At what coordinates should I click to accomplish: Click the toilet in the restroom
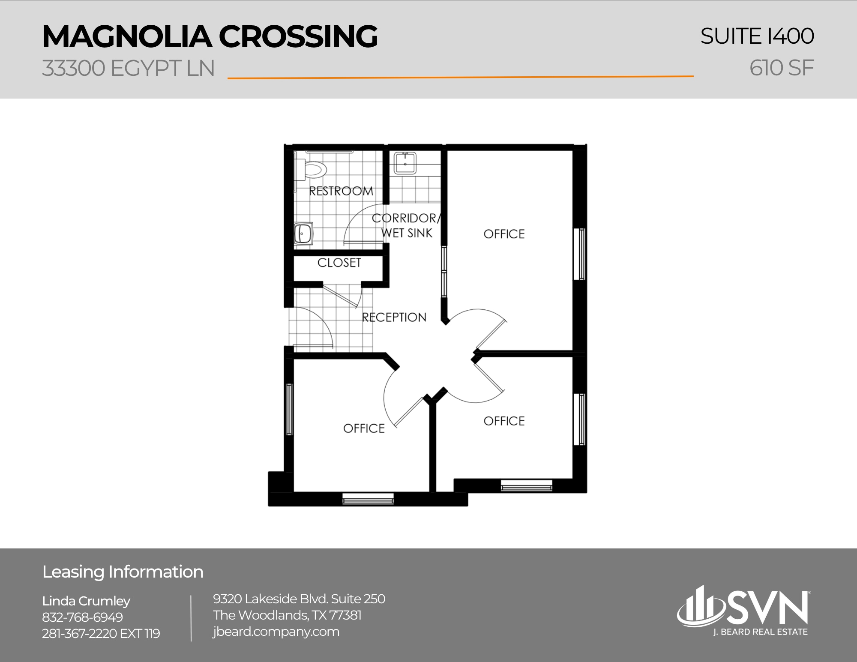click(x=314, y=170)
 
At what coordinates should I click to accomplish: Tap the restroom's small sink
click(x=303, y=234)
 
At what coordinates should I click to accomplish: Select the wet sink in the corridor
click(x=405, y=163)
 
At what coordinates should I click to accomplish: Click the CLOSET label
click(x=339, y=263)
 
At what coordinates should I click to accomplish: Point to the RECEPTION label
click(x=394, y=318)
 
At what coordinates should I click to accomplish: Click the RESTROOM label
click(x=341, y=191)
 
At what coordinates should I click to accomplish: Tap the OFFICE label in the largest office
click(x=504, y=234)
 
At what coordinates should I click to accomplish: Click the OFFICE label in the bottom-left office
click(x=364, y=428)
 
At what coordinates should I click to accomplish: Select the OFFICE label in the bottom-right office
click(x=504, y=421)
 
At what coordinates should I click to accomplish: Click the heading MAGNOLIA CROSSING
click(x=210, y=36)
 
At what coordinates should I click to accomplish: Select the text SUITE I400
click(x=757, y=36)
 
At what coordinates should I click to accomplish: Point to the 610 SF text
click(x=781, y=68)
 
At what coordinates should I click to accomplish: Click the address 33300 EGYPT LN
click(x=128, y=68)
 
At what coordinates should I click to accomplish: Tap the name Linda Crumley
click(x=86, y=601)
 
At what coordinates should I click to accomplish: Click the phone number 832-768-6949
click(x=82, y=617)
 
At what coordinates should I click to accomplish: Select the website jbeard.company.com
click(x=276, y=632)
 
